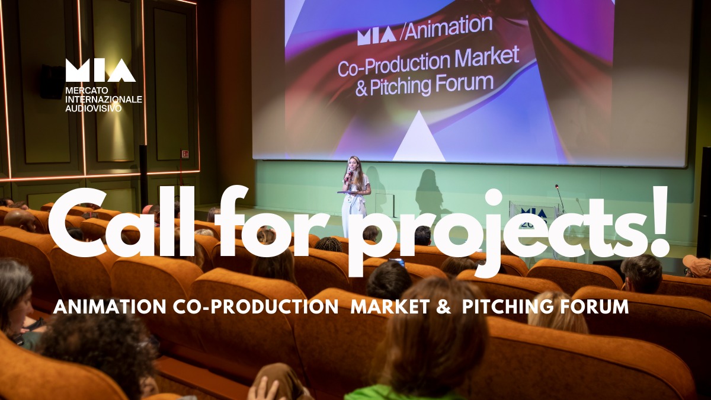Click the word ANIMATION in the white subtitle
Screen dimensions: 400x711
[x=96, y=307]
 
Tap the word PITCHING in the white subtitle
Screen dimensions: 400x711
[x=504, y=307]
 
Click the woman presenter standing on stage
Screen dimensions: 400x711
[x=355, y=190]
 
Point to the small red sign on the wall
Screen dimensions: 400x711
[x=185, y=154]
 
